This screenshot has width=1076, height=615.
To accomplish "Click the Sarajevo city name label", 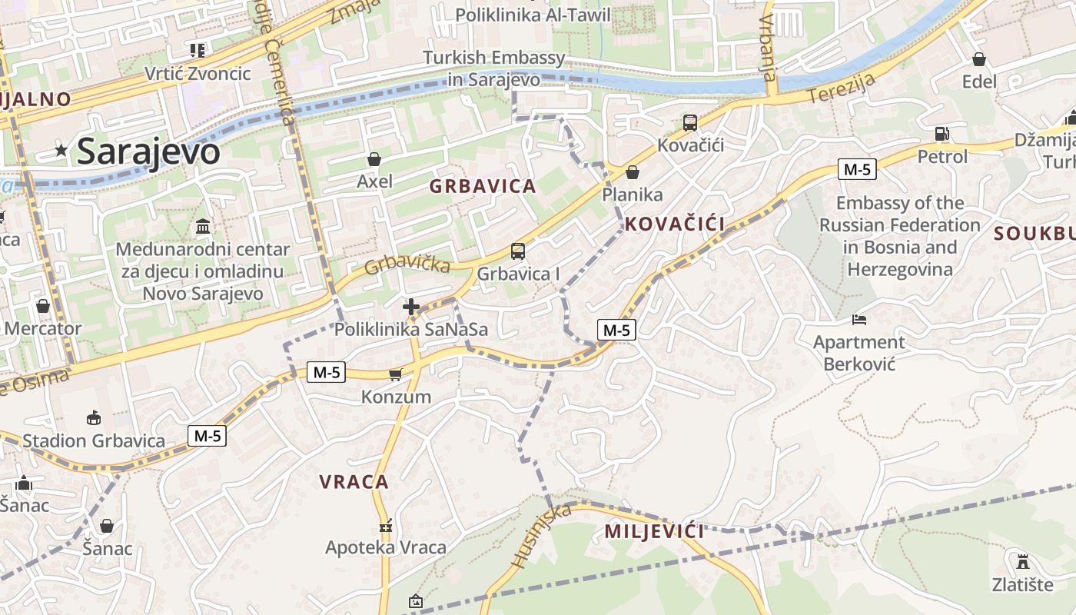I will (x=148, y=151).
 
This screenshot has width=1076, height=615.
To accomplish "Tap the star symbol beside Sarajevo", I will (x=61, y=151).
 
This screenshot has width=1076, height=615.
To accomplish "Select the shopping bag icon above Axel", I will (x=374, y=159).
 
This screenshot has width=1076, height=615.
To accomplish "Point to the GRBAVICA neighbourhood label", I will (x=483, y=186).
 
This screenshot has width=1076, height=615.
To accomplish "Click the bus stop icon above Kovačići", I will (x=690, y=123).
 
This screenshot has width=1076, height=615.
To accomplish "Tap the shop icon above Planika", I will (x=633, y=172).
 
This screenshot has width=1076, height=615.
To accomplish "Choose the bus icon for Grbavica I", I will (x=518, y=251).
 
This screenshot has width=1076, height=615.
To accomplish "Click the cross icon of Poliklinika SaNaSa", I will (x=411, y=307).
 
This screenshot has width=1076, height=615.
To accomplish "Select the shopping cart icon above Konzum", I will (x=396, y=374).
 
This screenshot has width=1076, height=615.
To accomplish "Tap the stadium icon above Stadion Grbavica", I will (x=94, y=417).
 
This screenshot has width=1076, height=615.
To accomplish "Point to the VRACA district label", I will (x=354, y=483).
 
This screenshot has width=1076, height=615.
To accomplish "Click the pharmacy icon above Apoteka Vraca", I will (x=386, y=527).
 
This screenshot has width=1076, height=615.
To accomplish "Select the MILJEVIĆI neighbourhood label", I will (x=654, y=531).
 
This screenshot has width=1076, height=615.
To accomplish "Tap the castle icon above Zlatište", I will (x=1022, y=561).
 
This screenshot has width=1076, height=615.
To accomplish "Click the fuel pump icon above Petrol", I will (x=942, y=134).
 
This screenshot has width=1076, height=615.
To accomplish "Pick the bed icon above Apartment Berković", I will (x=859, y=319).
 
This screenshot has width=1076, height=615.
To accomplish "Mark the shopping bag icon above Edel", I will (x=979, y=59).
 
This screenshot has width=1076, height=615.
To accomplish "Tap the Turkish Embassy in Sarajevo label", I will (x=494, y=68).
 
